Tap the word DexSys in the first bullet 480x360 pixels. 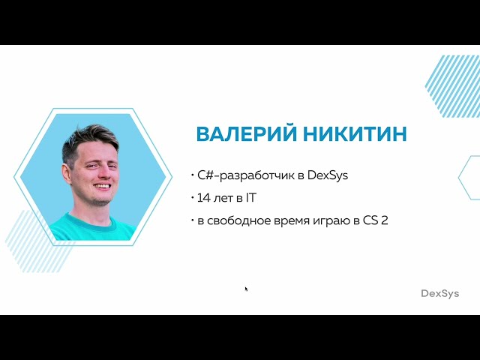point(328,175)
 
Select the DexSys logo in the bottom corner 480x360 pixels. point(439,293)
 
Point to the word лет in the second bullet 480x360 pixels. point(223,199)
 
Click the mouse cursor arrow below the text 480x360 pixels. point(246,288)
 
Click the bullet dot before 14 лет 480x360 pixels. point(192,199)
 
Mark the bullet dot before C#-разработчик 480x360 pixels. point(192,175)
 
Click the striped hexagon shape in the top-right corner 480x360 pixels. point(454,86)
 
